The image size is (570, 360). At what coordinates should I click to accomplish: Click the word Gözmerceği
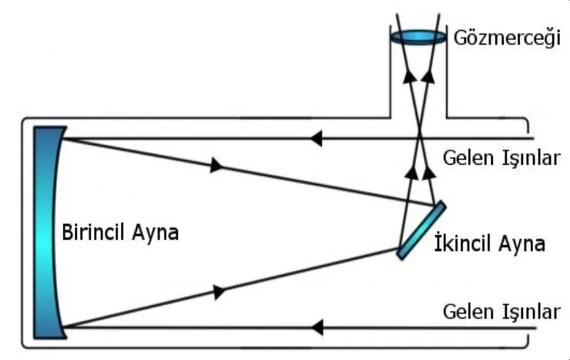coord(507,38)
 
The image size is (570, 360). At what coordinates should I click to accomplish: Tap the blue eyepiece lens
coord(418,37)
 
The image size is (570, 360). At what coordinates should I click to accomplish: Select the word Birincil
coord(94,232)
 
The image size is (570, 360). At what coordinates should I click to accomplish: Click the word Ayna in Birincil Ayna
coord(155,232)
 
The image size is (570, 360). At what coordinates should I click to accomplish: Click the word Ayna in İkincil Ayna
coord(522,243)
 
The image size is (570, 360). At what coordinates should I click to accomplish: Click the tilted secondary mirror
coord(421,230)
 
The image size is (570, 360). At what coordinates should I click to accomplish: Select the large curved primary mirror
coord(49,232)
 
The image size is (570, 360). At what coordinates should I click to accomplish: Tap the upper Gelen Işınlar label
coord(502,158)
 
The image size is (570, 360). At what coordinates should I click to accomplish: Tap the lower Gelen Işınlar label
coord(502,312)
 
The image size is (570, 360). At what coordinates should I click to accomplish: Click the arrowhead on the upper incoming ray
coord(316,138)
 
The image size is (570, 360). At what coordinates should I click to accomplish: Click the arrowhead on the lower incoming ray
coord(316,328)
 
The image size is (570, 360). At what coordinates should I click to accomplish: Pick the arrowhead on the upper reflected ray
coord(217,165)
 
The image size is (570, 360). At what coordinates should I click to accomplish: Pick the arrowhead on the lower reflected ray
coord(219,292)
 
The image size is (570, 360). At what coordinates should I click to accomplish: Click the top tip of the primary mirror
coord(66,128)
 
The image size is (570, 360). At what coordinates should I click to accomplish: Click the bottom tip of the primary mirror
coord(66,338)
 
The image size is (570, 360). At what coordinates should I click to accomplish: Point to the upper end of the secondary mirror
coord(443,204)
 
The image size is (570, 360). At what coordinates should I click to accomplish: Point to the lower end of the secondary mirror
coord(400,257)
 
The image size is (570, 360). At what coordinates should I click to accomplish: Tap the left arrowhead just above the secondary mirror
coord(412,172)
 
